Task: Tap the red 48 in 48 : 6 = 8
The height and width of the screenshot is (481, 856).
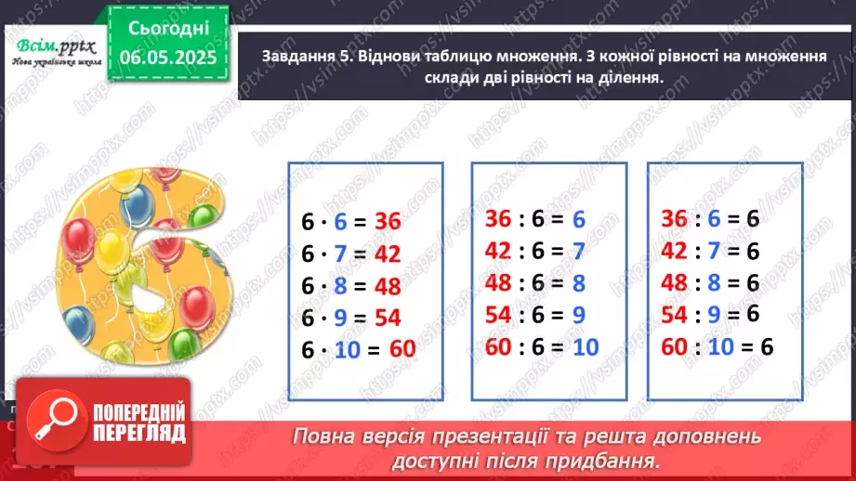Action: (498, 282)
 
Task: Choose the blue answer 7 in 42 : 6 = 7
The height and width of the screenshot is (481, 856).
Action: (578, 251)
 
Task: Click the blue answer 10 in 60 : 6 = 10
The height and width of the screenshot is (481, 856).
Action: (585, 346)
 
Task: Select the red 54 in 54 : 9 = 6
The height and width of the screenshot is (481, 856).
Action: (676, 314)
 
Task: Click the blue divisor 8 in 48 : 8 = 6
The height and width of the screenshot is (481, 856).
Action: (715, 282)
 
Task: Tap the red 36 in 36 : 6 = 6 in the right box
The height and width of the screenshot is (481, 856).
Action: (676, 218)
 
